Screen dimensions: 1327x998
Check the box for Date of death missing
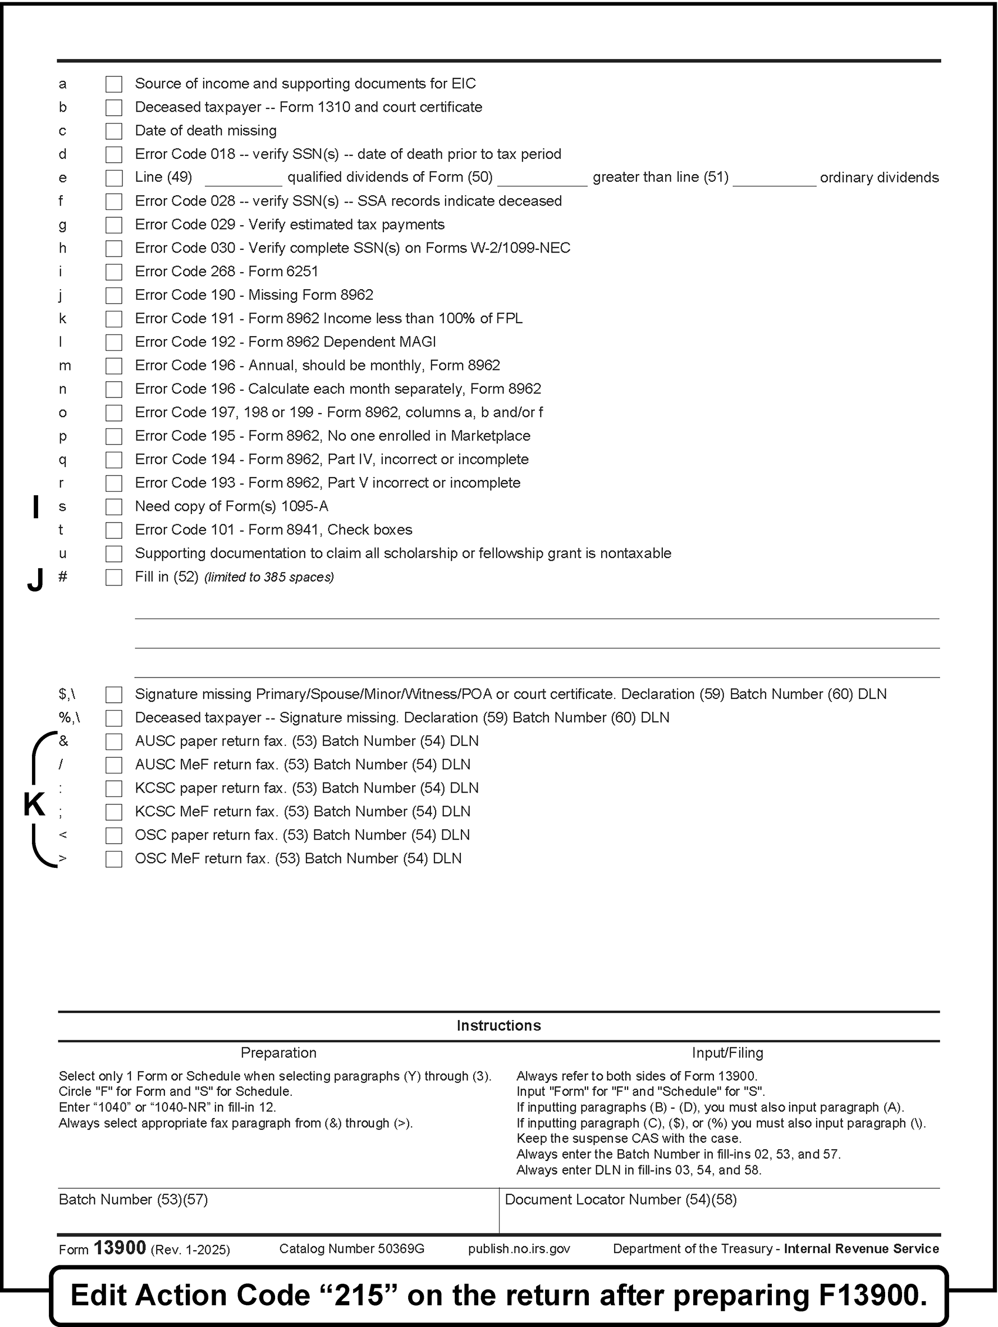point(113,131)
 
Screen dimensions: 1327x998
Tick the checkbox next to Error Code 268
point(113,272)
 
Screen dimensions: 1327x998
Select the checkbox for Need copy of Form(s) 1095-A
point(113,507)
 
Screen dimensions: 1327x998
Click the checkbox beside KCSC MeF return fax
point(113,812)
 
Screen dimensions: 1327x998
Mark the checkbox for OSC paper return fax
point(113,836)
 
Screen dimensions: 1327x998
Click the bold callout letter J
point(35,580)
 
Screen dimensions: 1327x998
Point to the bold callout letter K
point(34,804)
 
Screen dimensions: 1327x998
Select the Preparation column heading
point(278,1053)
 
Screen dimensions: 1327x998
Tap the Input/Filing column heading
point(727,1053)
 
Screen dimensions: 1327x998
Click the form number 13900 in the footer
point(120,1248)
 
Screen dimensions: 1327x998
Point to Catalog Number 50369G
point(351,1249)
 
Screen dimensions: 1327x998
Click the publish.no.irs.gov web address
point(519,1249)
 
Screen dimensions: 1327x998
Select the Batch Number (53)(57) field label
point(133,1199)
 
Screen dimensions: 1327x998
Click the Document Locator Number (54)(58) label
point(621,1199)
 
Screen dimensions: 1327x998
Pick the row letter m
point(64,366)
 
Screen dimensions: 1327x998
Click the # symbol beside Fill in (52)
point(62,577)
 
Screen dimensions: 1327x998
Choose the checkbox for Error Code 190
point(113,296)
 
